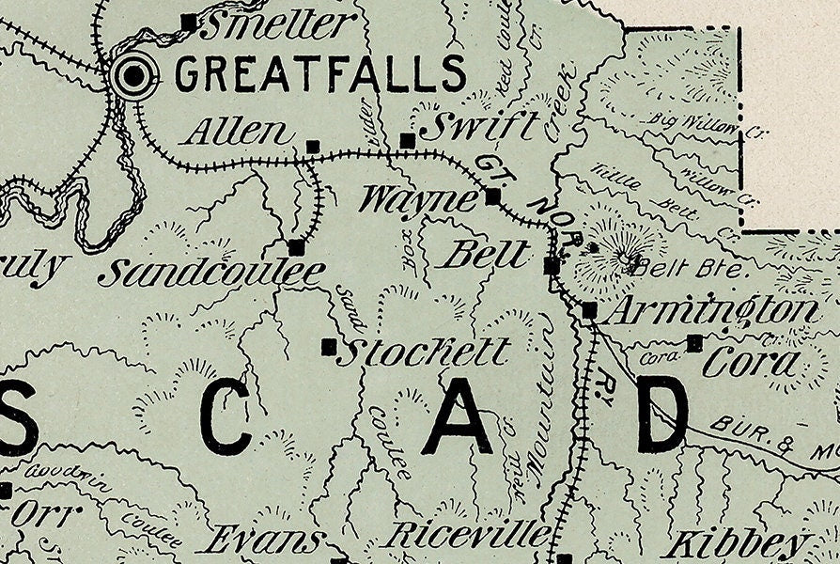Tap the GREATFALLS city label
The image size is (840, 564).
tap(320, 73)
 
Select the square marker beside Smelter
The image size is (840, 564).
tap(189, 21)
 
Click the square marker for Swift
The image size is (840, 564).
tap(407, 141)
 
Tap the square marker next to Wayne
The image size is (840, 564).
tap(492, 196)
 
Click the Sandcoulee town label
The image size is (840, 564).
tap(211, 274)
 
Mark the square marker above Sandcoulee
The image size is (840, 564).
tap(296, 247)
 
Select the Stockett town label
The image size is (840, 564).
tap(423, 353)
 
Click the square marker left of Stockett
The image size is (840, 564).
tap(329, 347)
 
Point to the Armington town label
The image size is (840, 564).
tap(709, 311)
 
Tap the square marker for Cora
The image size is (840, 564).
tap(694, 343)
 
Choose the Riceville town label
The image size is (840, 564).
tap(468, 535)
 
